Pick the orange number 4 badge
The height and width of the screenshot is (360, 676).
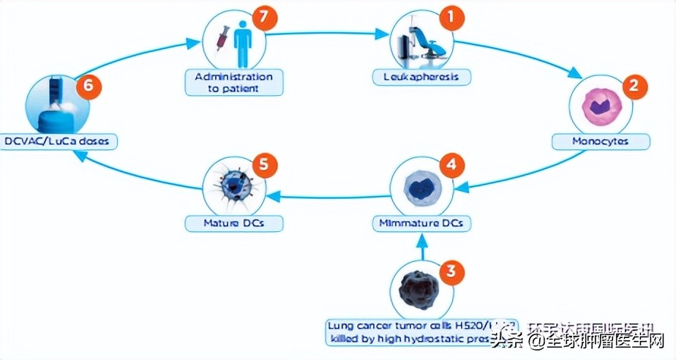[x=451, y=165]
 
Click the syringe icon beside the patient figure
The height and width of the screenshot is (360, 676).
[x=217, y=37]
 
